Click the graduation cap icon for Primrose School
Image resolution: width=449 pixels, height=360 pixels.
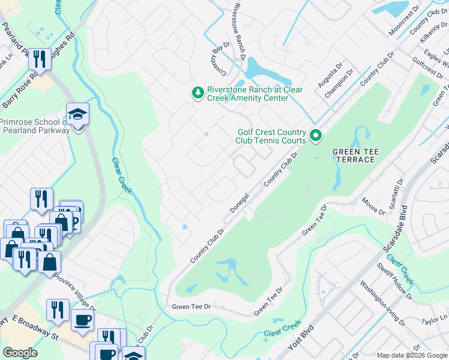(x=77, y=114)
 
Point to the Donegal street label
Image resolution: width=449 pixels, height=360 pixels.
(x=240, y=204)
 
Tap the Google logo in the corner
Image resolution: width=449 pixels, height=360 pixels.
(x=20, y=352)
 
